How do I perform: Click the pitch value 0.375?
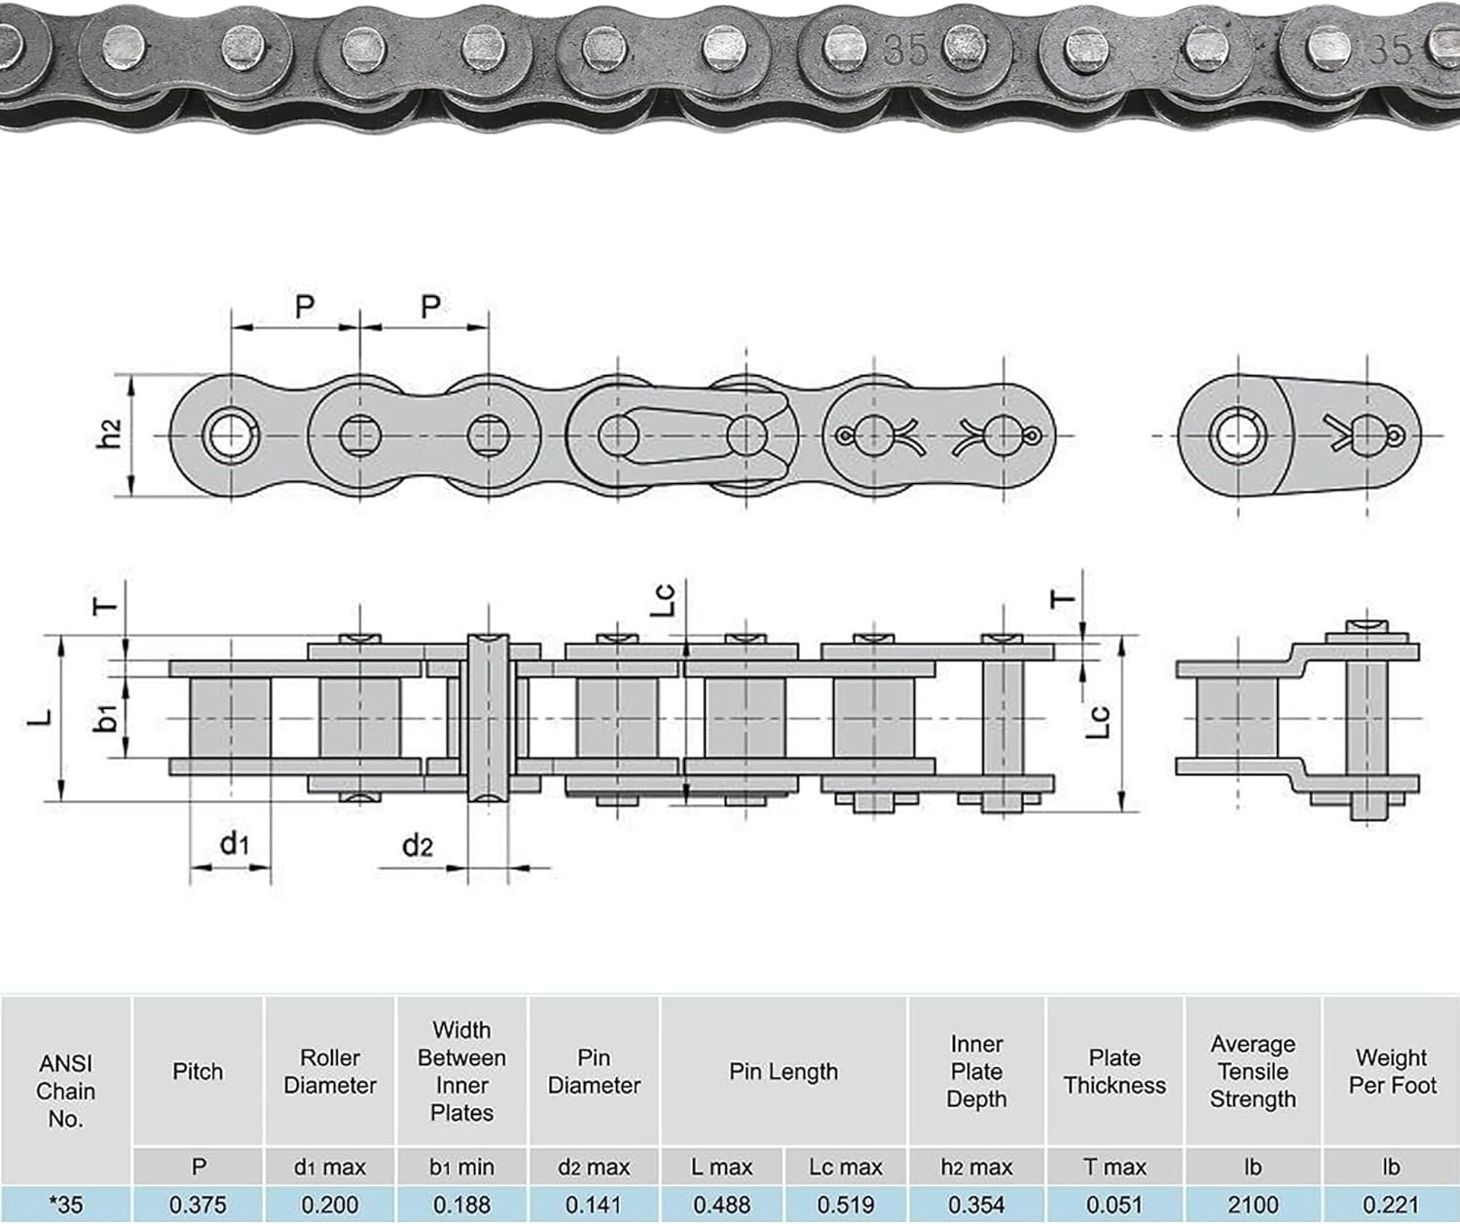point(199,1205)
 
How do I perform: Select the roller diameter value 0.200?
point(330,1205)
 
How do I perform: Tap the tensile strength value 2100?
point(1253,1205)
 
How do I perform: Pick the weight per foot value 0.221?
point(1392,1205)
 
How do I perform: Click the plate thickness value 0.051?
point(1114,1205)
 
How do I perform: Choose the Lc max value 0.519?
point(846,1205)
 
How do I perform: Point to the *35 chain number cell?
point(66,1205)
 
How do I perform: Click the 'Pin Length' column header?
point(784,1071)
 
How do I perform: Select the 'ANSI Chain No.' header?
point(66,1091)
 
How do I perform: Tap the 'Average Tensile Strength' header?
point(1253,1071)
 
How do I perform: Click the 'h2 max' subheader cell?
point(976,1166)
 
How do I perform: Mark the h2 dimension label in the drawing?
point(110,433)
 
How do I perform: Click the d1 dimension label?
point(235,842)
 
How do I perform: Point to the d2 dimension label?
point(418,845)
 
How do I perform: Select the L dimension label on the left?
point(39,718)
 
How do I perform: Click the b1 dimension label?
point(108,718)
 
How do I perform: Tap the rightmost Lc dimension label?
point(1098,721)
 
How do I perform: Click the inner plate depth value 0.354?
point(976,1205)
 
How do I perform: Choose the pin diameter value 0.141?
point(594,1205)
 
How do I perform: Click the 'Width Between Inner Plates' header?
point(462,1071)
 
